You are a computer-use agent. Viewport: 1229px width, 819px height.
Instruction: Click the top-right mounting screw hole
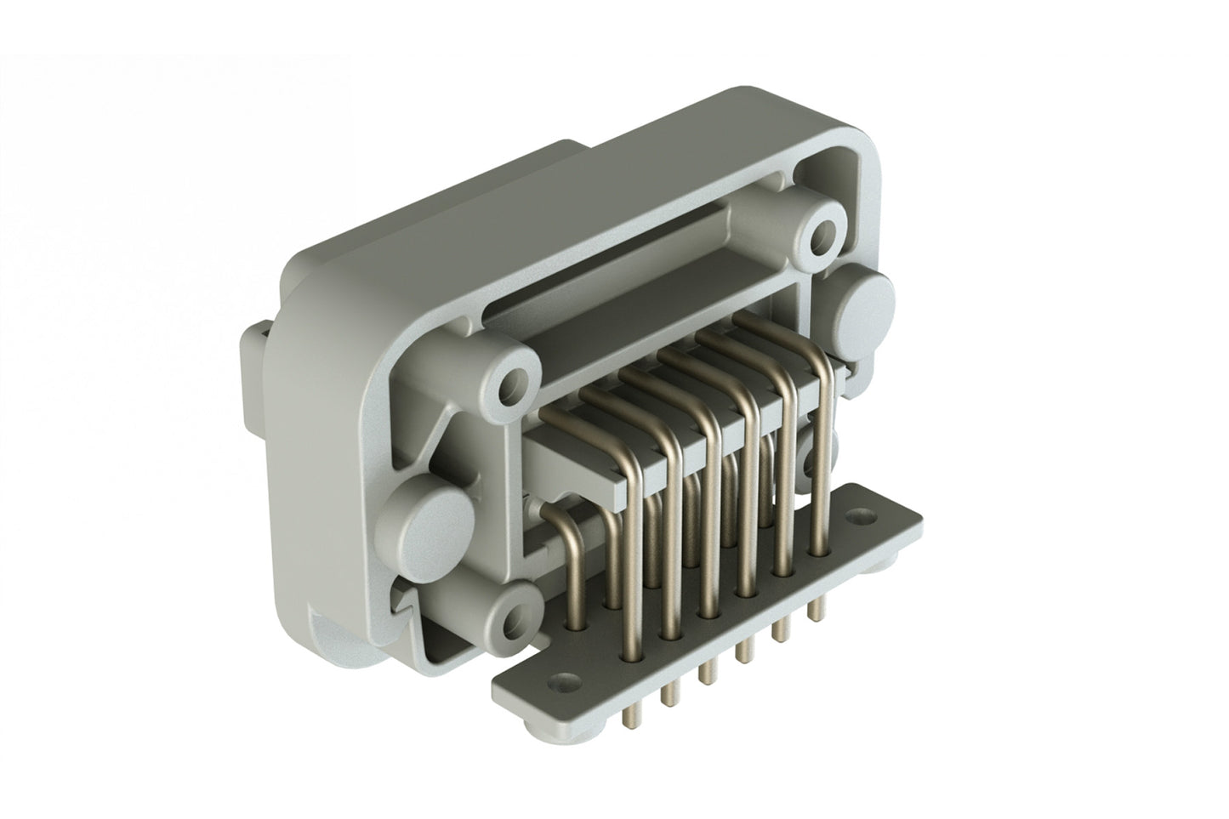click(x=822, y=232)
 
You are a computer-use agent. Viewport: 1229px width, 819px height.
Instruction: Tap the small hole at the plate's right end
click(x=865, y=515)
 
